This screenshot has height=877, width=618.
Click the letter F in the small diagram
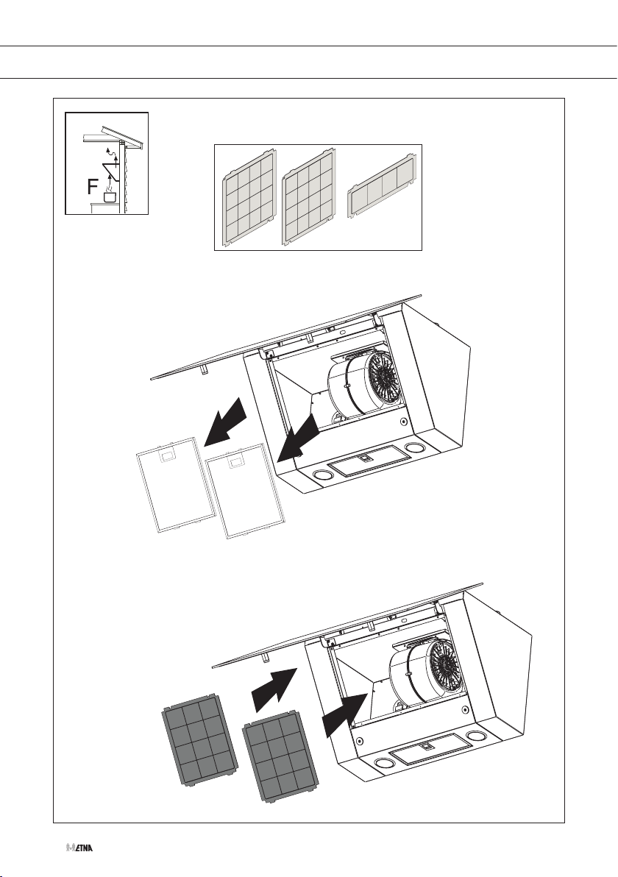[x=93, y=188]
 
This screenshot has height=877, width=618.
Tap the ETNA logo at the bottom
[x=79, y=848]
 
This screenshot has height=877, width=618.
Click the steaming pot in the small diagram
[x=110, y=195]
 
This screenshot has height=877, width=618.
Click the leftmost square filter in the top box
[x=249, y=197]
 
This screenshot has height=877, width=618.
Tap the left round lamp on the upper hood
[x=322, y=475]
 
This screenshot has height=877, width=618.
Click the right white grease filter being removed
[x=246, y=491]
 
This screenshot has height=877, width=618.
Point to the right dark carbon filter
[x=282, y=761]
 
